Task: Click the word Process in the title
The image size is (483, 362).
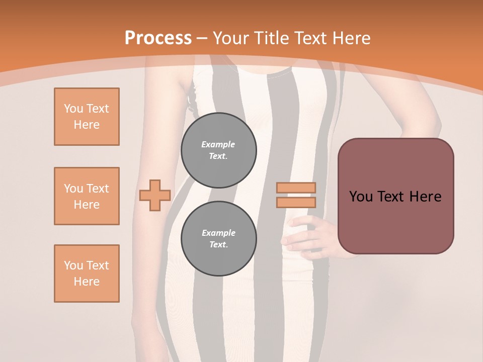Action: point(158,38)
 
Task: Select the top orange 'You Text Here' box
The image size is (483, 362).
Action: point(87,117)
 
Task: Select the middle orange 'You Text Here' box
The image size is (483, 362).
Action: point(87,196)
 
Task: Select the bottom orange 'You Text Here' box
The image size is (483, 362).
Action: point(87,274)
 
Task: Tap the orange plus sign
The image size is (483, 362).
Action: point(155,196)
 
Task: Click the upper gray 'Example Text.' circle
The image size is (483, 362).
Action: point(218,150)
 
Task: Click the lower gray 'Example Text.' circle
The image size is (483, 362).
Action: point(218,238)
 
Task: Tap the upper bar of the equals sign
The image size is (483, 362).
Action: point(296,188)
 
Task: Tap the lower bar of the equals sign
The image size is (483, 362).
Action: point(296,202)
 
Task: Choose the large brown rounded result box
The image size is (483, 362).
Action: point(395,196)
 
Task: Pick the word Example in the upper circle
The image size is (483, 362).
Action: point(218,144)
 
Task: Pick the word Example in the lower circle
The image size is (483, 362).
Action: point(218,233)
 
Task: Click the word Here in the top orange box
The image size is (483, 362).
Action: point(87,125)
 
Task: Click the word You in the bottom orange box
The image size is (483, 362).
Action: point(72,265)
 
